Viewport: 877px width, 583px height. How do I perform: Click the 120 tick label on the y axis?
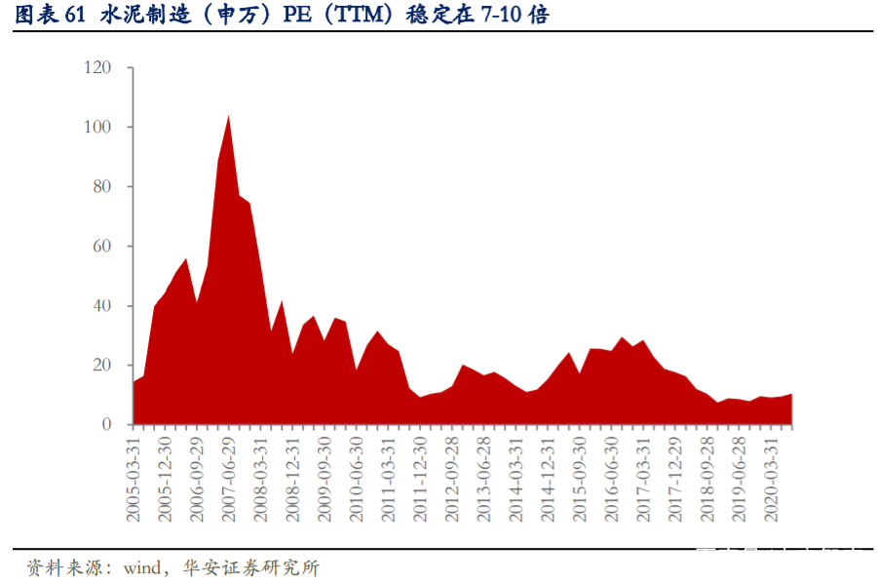pyautogui.click(x=98, y=68)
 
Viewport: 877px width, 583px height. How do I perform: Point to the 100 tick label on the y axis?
pyautogui.click(x=98, y=128)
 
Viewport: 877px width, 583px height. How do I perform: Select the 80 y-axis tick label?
pyautogui.click(x=102, y=187)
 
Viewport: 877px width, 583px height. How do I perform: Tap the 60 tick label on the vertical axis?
pyautogui.click(x=102, y=247)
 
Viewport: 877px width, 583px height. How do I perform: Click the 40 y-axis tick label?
pyautogui.click(x=102, y=306)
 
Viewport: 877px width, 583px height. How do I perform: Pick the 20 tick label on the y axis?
pyautogui.click(x=102, y=366)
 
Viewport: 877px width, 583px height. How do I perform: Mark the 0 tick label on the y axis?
pyautogui.click(x=106, y=425)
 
